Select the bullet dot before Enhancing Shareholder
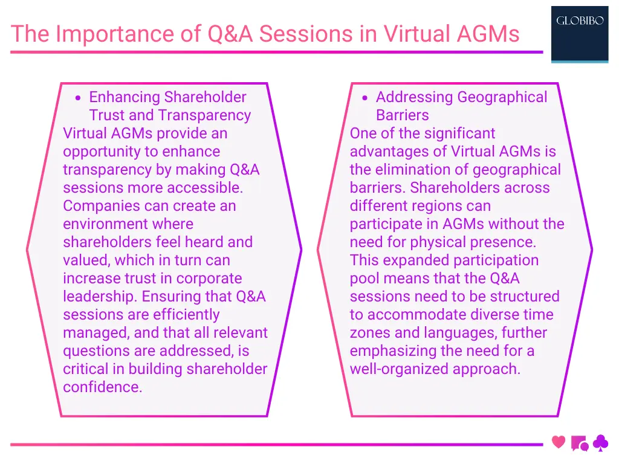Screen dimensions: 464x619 coord(78,98)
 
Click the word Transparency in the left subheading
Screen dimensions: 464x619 coord(204,115)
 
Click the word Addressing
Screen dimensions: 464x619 coord(415,97)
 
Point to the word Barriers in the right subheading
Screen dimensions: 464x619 coord(402,115)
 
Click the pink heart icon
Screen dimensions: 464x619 coord(559,442)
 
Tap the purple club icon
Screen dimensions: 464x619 coord(600,444)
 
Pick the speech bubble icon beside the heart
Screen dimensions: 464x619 coord(579,444)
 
